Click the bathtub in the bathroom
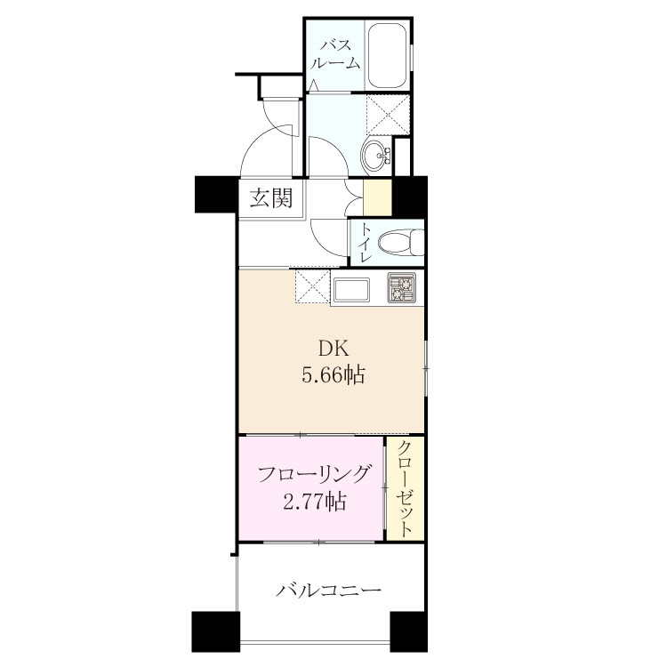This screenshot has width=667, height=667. (x=387, y=55)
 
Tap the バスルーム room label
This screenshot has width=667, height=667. (x=335, y=54)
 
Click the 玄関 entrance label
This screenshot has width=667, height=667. (x=271, y=197)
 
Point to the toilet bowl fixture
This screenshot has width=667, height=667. (x=401, y=243)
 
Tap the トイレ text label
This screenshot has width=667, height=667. (x=365, y=242)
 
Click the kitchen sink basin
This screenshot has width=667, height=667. (x=351, y=290)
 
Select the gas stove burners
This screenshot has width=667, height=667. (x=401, y=288)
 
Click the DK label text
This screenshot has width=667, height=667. (x=333, y=350)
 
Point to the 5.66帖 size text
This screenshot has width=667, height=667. (x=333, y=375)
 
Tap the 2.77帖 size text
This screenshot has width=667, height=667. (x=314, y=502)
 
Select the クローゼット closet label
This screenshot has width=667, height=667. (x=405, y=489)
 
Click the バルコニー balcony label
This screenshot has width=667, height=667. (x=328, y=591)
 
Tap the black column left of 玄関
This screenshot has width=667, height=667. (x=216, y=195)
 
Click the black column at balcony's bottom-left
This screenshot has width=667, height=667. (x=216, y=631)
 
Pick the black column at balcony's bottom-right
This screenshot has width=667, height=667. (x=408, y=631)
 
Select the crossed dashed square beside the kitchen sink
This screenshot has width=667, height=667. (x=313, y=285)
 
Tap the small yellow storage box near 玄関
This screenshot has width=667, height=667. (x=377, y=197)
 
